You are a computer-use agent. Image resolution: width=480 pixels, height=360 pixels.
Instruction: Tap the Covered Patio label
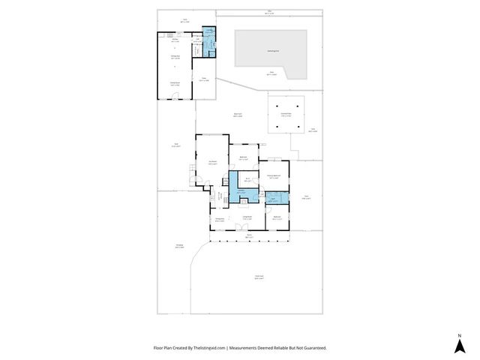(x=286, y=115)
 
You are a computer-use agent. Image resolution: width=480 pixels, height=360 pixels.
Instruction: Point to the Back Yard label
(x=237, y=115)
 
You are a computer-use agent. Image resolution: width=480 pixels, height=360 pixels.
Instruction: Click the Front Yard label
(x=259, y=277)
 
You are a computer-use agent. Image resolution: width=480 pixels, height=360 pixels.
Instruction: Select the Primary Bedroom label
(x=274, y=176)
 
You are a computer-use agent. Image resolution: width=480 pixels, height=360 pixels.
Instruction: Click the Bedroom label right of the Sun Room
(x=243, y=157)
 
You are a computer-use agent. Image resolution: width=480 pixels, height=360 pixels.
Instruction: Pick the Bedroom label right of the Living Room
(x=277, y=217)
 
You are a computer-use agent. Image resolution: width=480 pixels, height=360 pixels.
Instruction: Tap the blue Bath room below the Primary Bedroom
(x=274, y=199)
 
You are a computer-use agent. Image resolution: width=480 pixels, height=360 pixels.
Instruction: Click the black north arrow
(x=458, y=345)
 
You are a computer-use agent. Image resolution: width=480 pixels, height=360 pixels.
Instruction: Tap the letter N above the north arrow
(x=458, y=334)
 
